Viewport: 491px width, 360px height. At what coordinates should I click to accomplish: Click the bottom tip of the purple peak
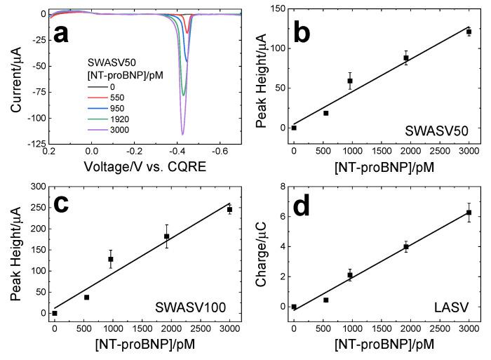pyautogui.click(x=182, y=134)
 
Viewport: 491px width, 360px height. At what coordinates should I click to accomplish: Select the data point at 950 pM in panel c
pyautogui.click(x=111, y=259)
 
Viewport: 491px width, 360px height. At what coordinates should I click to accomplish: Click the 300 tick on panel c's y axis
pyautogui.click(x=32, y=187)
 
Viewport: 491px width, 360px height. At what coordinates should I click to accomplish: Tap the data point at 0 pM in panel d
pyautogui.click(x=294, y=307)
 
